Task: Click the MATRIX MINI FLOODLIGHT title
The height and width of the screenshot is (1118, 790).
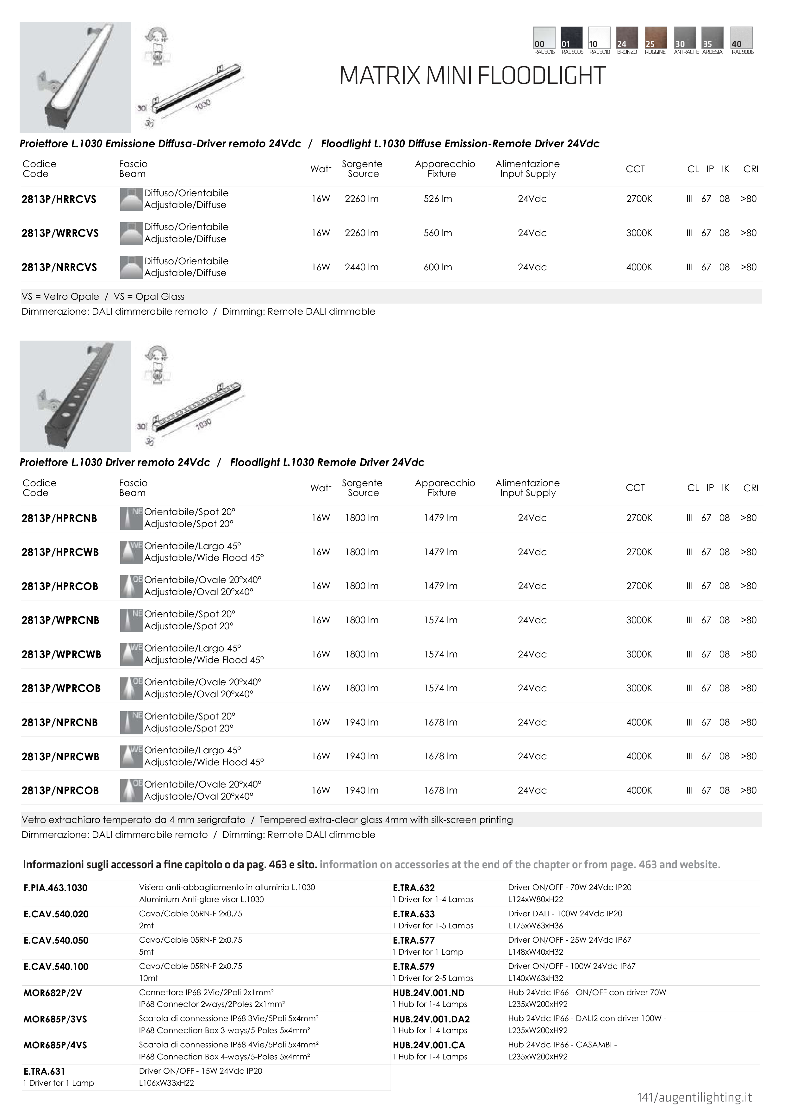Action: [472, 76]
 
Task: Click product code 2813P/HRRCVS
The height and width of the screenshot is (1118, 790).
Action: [59, 199]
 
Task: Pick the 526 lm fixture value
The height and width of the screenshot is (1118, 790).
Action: [438, 199]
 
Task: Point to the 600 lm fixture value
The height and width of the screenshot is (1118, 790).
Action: [438, 267]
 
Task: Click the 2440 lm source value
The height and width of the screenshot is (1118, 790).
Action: [361, 267]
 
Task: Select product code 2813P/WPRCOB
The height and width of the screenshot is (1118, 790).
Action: [61, 688]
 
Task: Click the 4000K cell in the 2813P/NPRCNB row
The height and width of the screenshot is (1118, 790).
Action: [639, 722]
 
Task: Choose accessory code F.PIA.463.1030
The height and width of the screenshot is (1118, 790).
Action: [55, 888]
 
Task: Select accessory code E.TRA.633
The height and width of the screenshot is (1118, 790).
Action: [413, 914]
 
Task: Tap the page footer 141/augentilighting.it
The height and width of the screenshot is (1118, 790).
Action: [694, 1097]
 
